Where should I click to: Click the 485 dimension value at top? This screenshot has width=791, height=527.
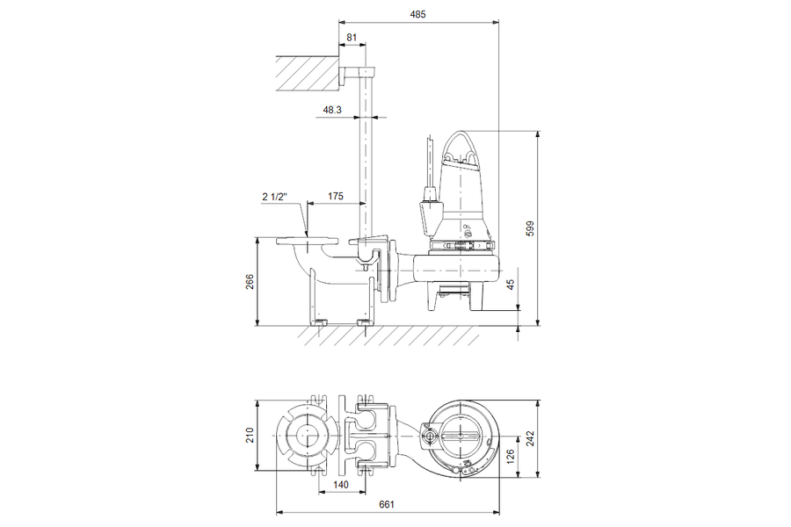click(x=417, y=14)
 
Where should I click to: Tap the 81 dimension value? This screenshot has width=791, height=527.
click(x=352, y=37)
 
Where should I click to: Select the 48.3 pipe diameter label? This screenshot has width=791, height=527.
click(x=332, y=110)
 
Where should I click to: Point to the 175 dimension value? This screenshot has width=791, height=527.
click(x=336, y=196)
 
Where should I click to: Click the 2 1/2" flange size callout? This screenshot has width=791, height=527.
click(x=274, y=196)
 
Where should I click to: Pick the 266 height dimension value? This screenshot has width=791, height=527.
click(x=250, y=282)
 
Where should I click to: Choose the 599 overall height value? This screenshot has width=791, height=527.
click(x=530, y=228)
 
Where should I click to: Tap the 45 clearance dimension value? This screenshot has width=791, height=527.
click(x=511, y=285)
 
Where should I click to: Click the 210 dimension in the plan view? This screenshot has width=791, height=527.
click(x=250, y=436)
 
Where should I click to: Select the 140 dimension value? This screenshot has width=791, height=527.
click(x=341, y=485)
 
